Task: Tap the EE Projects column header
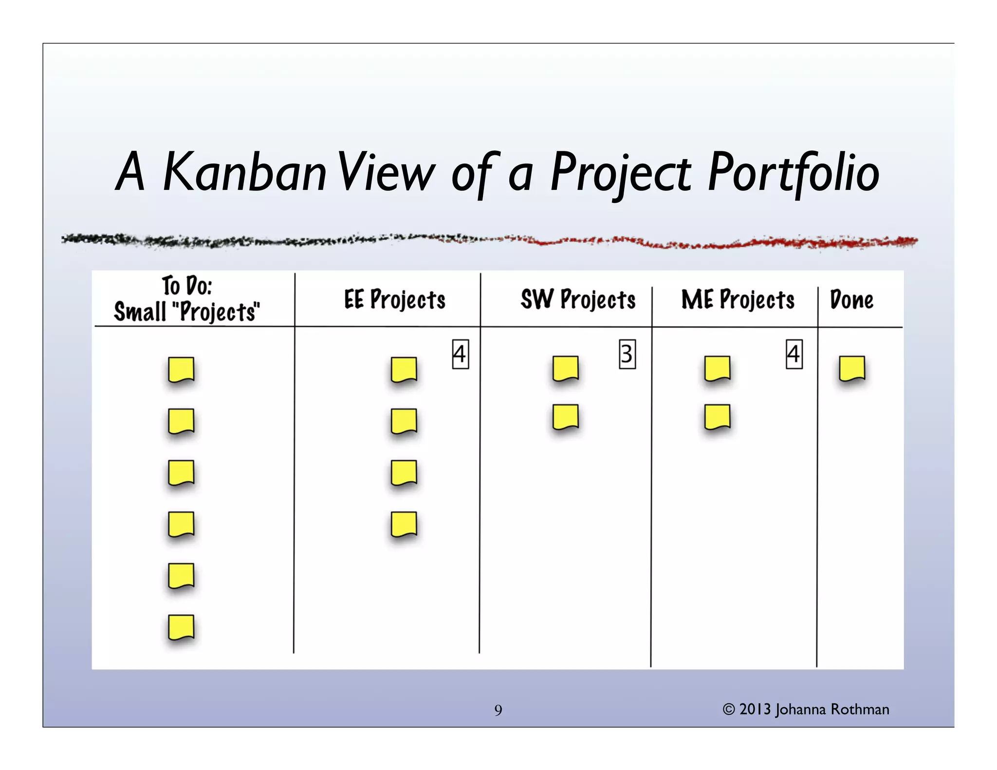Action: (394, 299)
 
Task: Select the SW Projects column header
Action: (578, 299)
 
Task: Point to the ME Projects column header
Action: (738, 299)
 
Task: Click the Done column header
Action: (851, 299)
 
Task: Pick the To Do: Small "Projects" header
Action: (187, 299)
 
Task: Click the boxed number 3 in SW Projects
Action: (627, 354)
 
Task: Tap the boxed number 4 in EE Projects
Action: (460, 354)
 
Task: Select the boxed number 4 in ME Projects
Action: (794, 354)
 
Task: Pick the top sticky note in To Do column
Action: (181, 370)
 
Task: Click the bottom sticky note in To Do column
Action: (181, 627)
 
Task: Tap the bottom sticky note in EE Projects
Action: (404, 524)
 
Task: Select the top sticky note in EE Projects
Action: (404, 370)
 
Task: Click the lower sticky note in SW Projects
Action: (565, 417)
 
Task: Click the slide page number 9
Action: (498, 710)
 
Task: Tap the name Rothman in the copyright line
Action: (860, 710)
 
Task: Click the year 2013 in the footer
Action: (755, 710)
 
